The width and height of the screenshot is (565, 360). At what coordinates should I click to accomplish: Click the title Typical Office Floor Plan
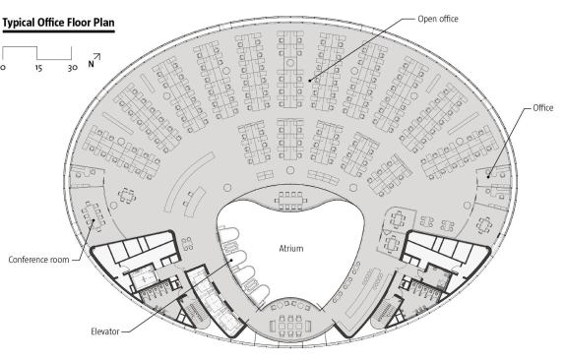click(59, 22)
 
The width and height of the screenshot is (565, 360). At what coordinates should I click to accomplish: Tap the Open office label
click(437, 19)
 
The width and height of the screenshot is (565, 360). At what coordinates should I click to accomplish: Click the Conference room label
click(38, 260)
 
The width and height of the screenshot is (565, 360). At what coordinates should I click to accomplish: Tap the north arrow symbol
click(96, 59)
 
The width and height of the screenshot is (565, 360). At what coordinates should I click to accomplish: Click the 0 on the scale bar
click(3, 69)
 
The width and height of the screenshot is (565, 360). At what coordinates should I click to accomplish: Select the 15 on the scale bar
click(37, 69)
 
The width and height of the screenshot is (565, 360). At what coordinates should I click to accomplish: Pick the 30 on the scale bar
click(72, 69)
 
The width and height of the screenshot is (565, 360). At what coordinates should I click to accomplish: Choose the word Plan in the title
click(104, 22)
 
